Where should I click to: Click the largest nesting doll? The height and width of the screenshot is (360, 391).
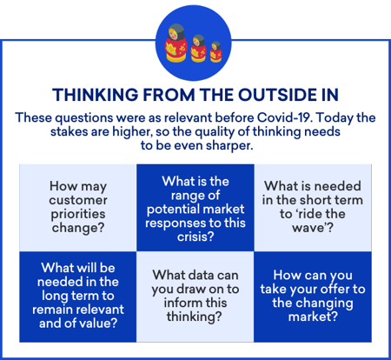pos(176,43)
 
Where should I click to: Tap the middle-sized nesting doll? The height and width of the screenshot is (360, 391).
pos(198,48)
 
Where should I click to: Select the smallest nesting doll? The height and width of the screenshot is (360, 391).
pos(215,52)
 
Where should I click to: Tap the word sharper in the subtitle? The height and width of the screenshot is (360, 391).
pos(229,145)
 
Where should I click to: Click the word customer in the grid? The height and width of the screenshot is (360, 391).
pos(78,200)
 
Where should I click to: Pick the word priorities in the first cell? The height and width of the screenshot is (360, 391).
pos(78,215)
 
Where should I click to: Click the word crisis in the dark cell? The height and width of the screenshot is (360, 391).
pos(195,237)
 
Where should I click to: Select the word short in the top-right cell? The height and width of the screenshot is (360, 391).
pos(314,200)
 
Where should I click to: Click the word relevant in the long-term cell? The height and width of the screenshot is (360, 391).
pos(102,310)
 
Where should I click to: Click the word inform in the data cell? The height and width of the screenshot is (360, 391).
pos(179,303)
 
